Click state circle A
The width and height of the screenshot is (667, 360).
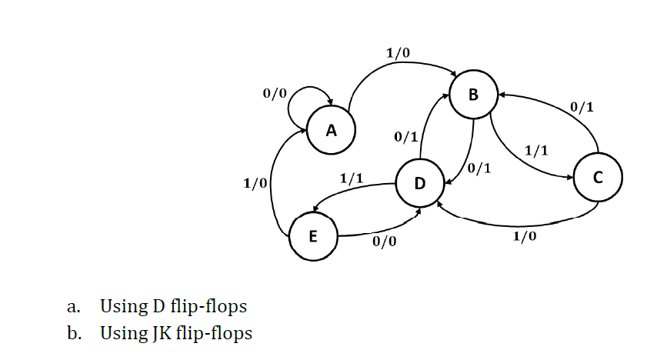(331, 131)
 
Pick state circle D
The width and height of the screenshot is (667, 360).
(419, 183)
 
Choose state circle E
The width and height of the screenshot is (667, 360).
(312, 236)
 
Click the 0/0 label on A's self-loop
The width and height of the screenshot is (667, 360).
(274, 93)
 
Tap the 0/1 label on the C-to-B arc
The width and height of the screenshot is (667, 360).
(582, 106)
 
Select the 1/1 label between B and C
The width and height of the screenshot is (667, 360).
(535, 149)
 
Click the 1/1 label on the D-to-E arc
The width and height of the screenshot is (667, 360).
(352, 178)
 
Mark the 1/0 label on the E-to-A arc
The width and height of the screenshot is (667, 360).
(255, 183)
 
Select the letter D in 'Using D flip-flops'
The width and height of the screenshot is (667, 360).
(152, 306)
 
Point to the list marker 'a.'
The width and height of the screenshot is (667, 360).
(74, 307)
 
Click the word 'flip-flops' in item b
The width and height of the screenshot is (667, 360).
(214, 333)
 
